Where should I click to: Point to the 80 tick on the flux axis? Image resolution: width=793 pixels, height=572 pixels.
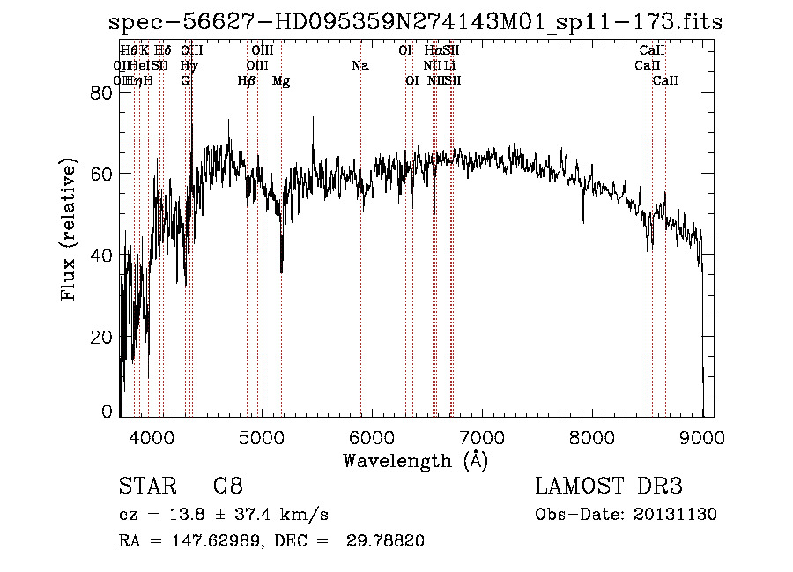pos(102,93)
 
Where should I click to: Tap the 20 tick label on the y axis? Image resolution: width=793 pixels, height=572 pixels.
pos(102,338)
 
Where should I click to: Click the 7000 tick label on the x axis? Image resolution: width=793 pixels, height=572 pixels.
pos(481,436)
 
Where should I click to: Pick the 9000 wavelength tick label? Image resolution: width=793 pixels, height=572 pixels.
pos(701,436)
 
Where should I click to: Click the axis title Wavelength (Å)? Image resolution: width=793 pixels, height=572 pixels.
pos(415,460)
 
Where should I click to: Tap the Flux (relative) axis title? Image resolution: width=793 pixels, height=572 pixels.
pos(68,230)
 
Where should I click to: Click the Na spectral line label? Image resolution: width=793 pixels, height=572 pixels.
pos(359,65)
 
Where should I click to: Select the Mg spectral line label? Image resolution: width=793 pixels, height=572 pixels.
pos(281,81)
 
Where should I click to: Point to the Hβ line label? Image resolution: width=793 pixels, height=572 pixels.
pos(247,81)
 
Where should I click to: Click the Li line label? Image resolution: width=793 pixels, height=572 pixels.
pos(449,65)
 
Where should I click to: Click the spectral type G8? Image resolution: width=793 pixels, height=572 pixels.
pos(227,487)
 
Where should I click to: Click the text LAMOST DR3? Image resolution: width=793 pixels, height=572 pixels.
pos(609,487)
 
